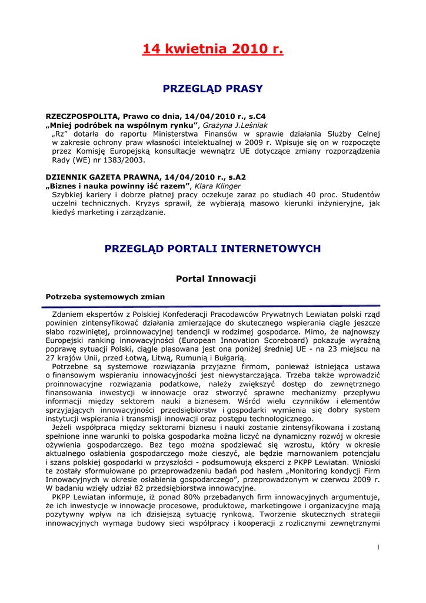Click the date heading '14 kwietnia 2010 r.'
[x=212, y=49]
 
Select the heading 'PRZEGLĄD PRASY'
[x=212, y=89]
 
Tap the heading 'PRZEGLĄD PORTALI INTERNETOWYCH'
[x=212, y=249]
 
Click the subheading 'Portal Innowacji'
[x=216, y=278]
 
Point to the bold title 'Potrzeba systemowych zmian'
[x=105, y=296]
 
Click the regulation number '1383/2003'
[x=125, y=160]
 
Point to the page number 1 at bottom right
[x=378, y=547]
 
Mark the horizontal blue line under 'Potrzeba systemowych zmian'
[x=212, y=306]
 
